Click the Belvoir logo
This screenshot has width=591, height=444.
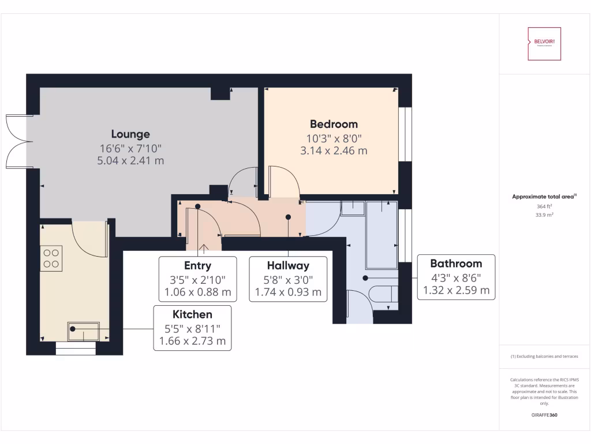544,44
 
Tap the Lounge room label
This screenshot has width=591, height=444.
130,134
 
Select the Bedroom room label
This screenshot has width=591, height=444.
334,124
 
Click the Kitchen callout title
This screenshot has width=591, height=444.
192,314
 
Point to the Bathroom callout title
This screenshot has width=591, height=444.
456,264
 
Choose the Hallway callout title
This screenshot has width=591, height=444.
288,266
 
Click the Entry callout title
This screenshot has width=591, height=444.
197,266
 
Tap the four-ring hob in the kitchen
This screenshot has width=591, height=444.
51,258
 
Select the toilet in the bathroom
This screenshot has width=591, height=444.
383,294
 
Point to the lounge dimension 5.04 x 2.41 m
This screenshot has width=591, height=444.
130,161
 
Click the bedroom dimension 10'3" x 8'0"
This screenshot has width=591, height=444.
334,139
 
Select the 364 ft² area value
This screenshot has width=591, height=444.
544,206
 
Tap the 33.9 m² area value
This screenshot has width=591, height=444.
544,214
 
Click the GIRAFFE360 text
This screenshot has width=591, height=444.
544,415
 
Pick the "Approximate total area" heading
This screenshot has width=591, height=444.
543,197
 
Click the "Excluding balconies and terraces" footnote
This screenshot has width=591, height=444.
544,357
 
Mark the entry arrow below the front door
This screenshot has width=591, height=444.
203,249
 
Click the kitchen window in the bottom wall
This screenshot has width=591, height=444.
76,349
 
